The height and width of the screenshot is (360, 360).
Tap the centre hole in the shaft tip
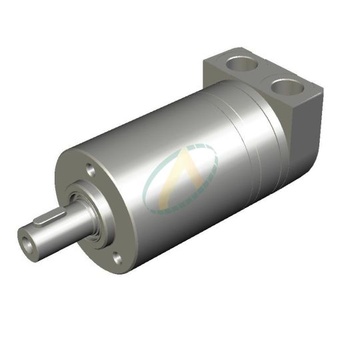point(27,238)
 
